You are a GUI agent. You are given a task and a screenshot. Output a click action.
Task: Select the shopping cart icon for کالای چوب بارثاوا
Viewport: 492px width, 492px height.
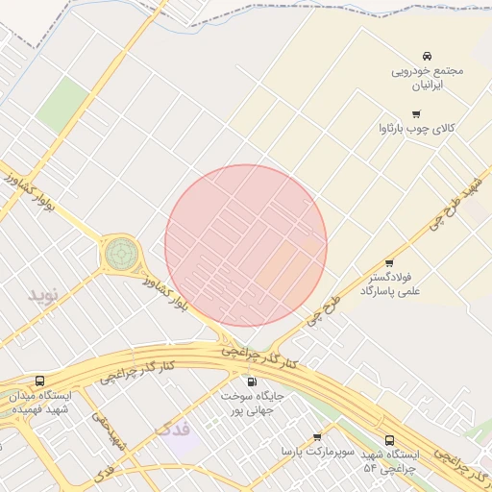(415, 113)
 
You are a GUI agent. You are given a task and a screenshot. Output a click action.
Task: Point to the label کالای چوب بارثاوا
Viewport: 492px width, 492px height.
(423, 128)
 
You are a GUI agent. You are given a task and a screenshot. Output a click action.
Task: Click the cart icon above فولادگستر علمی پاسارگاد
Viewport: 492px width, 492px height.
(389, 262)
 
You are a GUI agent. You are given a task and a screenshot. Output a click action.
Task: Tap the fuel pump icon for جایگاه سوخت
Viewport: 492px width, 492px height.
(253, 381)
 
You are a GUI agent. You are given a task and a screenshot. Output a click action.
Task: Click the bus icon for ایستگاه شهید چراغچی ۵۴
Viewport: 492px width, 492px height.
(389, 440)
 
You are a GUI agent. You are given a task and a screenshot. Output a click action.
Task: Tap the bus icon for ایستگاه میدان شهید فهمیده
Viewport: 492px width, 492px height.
(39, 381)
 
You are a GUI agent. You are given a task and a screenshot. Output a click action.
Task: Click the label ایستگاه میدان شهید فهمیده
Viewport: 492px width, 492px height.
(38, 402)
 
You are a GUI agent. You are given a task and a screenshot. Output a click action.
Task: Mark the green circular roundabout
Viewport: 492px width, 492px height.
(121, 254)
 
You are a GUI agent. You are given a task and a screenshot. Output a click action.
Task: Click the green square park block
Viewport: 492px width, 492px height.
(63, 99)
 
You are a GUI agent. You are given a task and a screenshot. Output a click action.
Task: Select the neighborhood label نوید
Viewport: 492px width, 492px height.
(43, 293)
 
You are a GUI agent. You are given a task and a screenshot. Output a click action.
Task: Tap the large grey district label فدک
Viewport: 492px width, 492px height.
(173, 428)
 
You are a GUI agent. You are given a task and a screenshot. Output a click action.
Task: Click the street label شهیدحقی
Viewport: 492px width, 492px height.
(109, 430)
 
